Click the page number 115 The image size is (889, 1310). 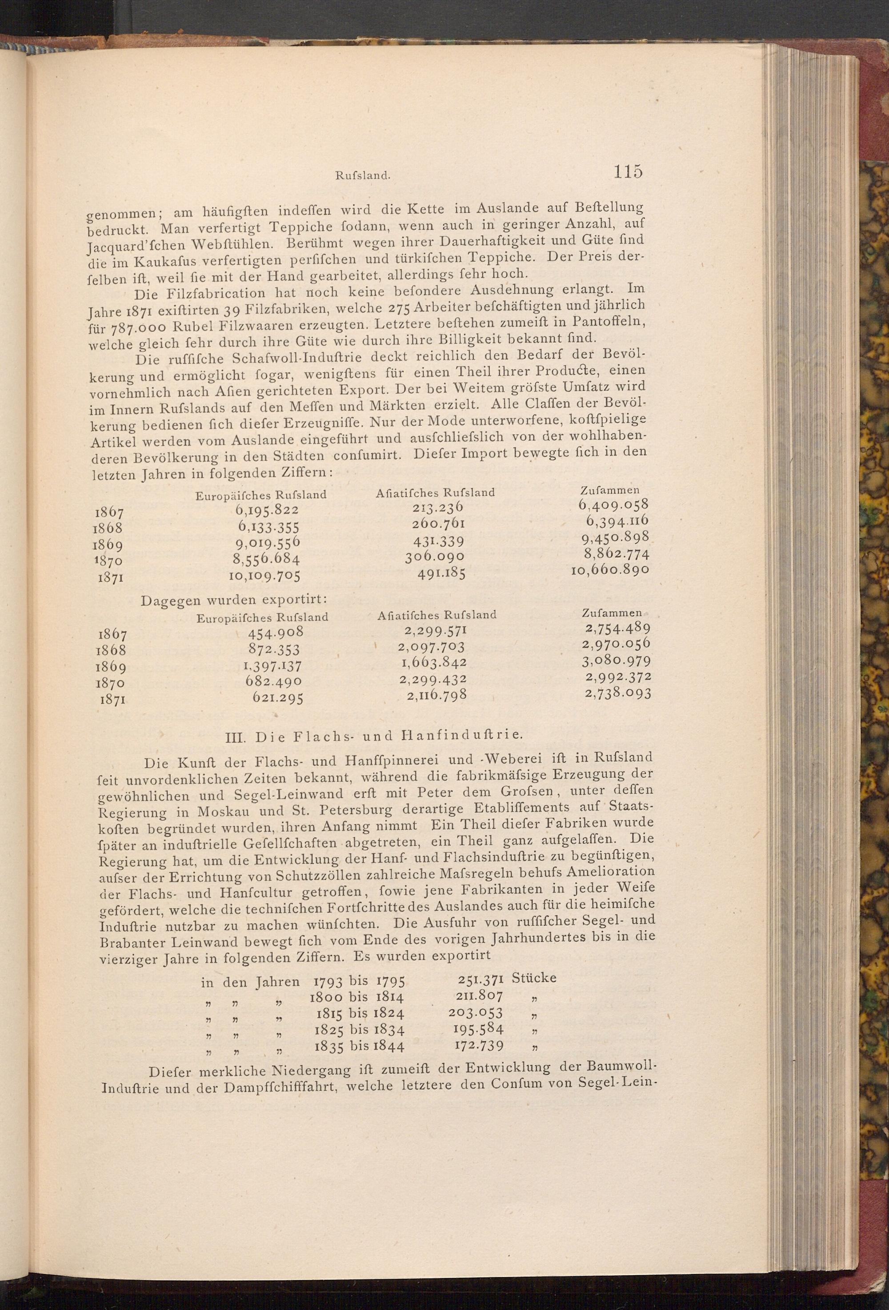coord(628,171)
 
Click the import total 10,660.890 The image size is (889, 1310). coord(610,570)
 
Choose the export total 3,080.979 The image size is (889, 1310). coord(617,660)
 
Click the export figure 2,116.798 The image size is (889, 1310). coord(436,694)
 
